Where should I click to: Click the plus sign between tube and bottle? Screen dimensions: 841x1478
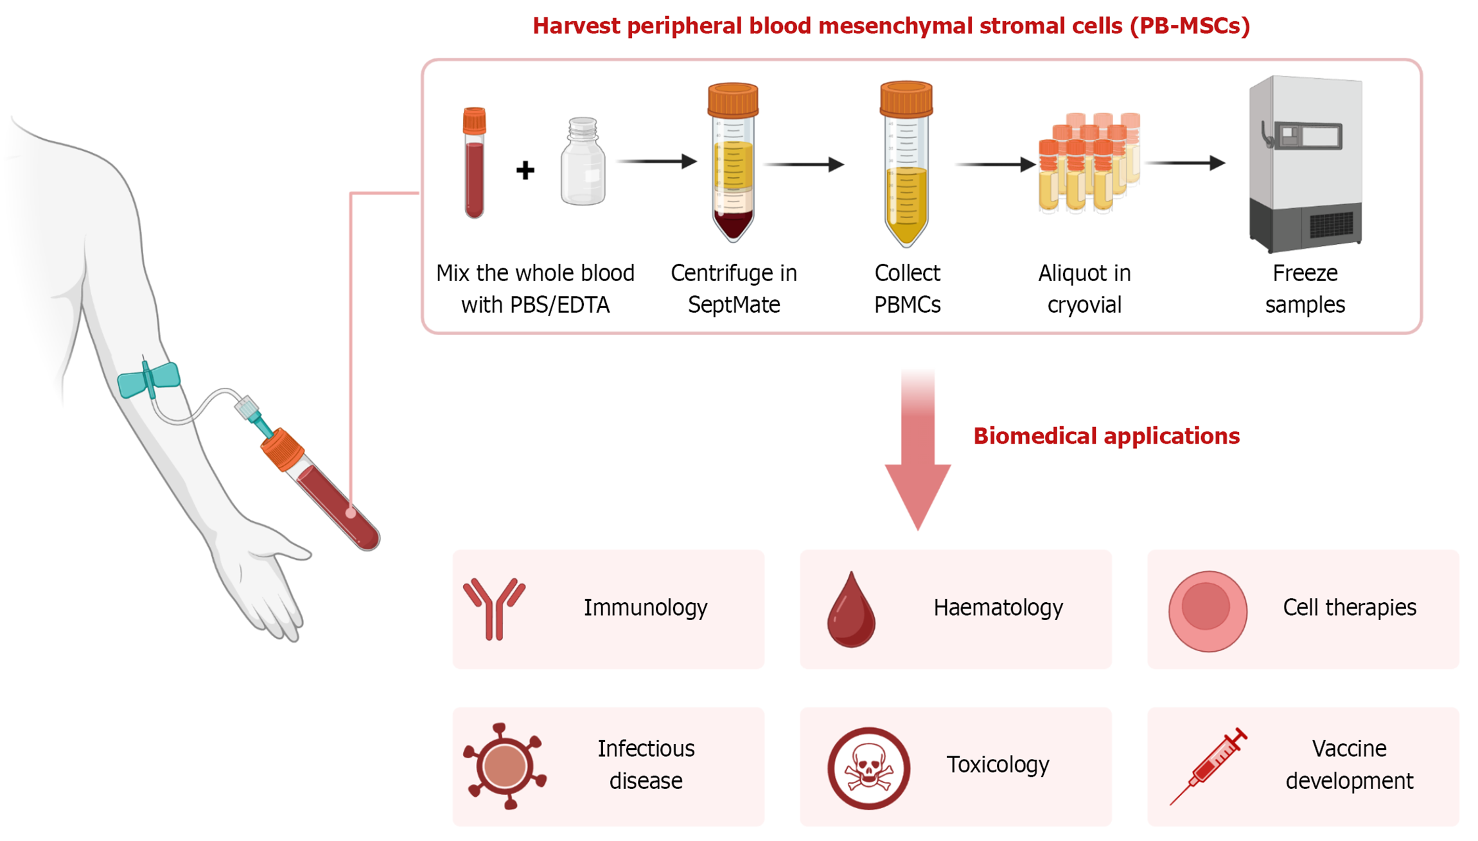click(x=525, y=170)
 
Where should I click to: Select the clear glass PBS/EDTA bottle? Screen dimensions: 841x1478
click(x=583, y=163)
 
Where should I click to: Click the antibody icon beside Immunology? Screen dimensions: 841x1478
click(x=494, y=609)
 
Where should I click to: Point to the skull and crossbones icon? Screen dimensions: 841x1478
click(x=868, y=768)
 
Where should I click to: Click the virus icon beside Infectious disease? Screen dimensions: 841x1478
click(x=505, y=765)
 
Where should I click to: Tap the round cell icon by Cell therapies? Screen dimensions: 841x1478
click(x=1208, y=611)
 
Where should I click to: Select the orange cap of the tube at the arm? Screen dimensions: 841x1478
click(x=283, y=449)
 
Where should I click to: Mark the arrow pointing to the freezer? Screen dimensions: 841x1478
click(x=1186, y=163)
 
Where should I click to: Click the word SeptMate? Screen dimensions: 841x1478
click(x=734, y=304)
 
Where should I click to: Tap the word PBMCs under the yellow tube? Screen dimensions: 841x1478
click(x=907, y=304)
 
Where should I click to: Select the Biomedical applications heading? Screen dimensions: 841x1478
click(x=1106, y=436)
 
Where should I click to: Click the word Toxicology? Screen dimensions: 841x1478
click(x=998, y=764)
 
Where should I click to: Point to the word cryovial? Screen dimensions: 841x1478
click(x=1084, y=304)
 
